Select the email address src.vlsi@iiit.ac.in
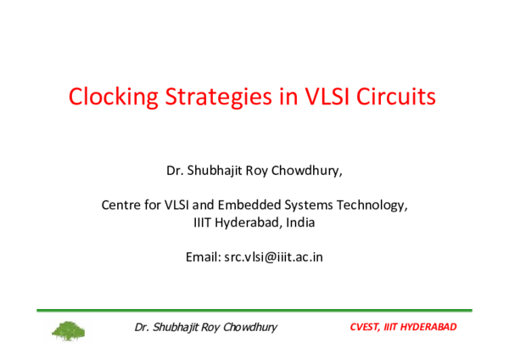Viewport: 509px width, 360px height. pos(273,256)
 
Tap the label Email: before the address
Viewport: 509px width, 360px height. pos(202,256)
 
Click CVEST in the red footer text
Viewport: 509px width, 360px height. pos(366,327)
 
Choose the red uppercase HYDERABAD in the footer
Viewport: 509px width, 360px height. pos(429,327)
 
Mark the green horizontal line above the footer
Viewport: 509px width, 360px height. pos(255,311)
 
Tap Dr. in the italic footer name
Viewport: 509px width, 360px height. pos(143,327)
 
